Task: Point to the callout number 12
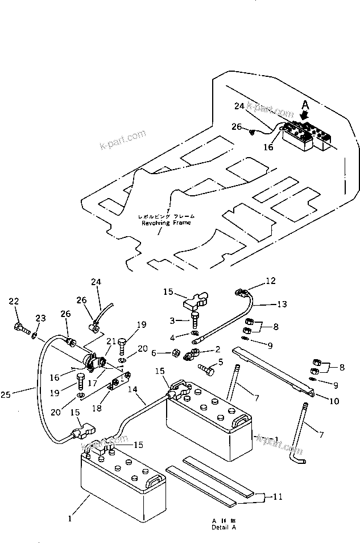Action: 270,281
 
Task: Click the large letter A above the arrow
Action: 305,105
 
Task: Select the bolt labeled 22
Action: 20,328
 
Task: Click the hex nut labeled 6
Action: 176,352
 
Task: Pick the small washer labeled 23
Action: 34,336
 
